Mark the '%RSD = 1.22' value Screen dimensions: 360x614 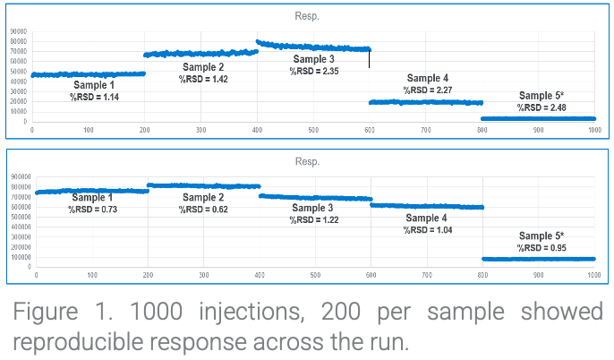pos(313,219)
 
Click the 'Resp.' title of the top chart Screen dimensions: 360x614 pos(306,16)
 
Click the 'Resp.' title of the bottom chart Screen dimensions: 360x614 pos(306,161)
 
